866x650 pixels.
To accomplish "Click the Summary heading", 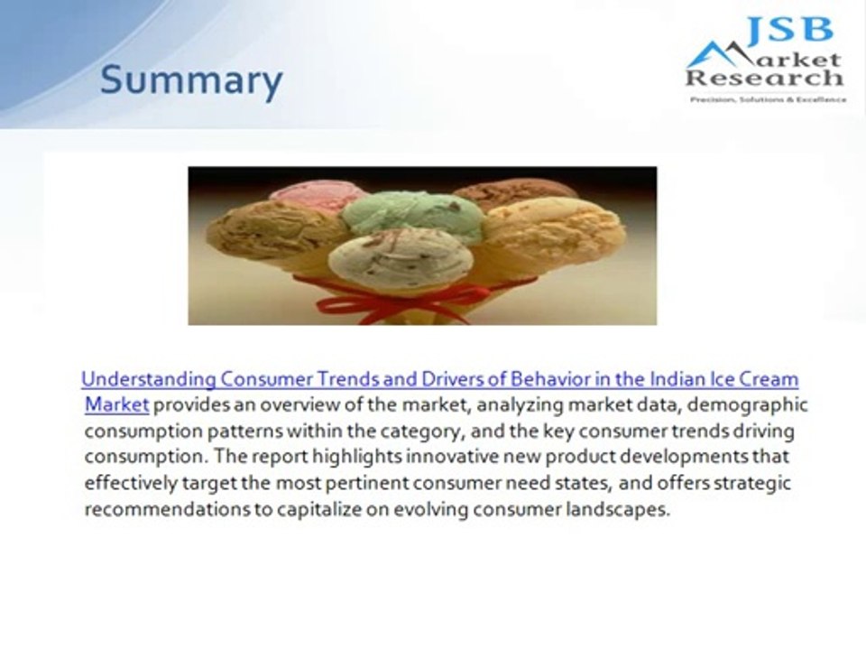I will point(191,81).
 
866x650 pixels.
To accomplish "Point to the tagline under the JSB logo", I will point(768,99).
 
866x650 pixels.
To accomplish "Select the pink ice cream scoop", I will point(318,194).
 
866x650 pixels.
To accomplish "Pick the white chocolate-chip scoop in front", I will point(401,258).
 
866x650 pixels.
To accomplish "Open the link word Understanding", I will point(148,378).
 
